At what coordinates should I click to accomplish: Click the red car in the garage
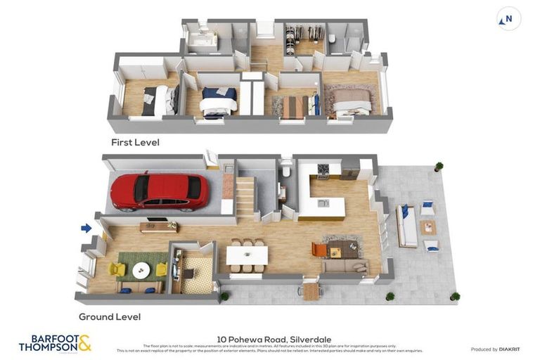pos(160,191)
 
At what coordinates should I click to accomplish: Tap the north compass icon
pos(508,19)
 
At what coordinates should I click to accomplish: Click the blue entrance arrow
pos(86,228)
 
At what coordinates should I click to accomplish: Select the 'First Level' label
pos(135,142)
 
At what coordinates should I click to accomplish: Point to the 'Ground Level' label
pos(110,316)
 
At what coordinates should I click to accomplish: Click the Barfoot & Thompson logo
pos(55,343)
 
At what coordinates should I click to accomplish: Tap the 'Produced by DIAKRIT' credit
pos(494,349)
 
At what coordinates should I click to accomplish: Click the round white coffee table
pos(141,270)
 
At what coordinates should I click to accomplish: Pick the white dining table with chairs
pos(247,255)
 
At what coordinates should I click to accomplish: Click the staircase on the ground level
pos(245,198)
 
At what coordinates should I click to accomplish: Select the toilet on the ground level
pos(285,171)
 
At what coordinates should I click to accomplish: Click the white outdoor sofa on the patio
pos(406,226)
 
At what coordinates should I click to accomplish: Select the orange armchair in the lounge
pos(319,250)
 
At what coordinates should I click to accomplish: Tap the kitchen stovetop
pos(323,171)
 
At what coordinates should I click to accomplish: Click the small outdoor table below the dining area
pos(311,291)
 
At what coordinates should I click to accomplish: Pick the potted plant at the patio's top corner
pos(439,167)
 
